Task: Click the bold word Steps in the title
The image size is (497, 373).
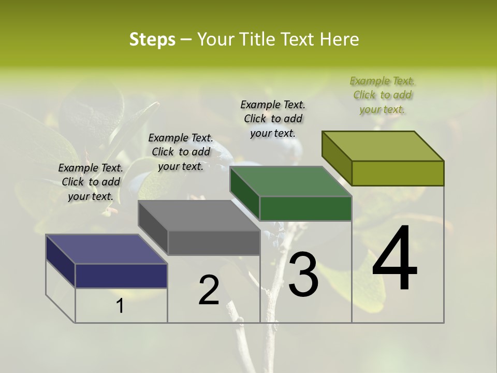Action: (152, 39)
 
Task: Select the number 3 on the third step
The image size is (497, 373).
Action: (303, 275)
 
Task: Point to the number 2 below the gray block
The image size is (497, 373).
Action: (209, 290)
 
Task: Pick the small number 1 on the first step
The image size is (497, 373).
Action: (120, 306)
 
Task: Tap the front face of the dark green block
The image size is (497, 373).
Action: (305, 209)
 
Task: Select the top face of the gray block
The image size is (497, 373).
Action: (199, 216)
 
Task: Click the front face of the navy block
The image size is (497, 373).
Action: (121, 276)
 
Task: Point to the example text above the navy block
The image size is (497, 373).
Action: (91, 182)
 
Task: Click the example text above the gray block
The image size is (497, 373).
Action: (181, 152)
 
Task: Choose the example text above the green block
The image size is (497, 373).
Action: (273, 119)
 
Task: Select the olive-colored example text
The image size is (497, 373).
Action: (382, 95)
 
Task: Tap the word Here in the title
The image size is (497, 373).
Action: (339, 39)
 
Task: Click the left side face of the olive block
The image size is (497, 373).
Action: (337, 158)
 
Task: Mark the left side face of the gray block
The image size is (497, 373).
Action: (153, 228)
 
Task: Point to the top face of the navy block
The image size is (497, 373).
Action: (107, 249)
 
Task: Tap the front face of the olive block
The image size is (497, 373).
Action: (398, 173)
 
